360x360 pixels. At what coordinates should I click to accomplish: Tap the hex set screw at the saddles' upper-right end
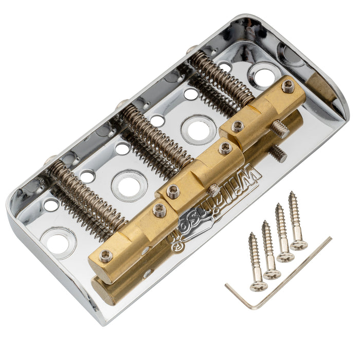pos(288,86)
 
